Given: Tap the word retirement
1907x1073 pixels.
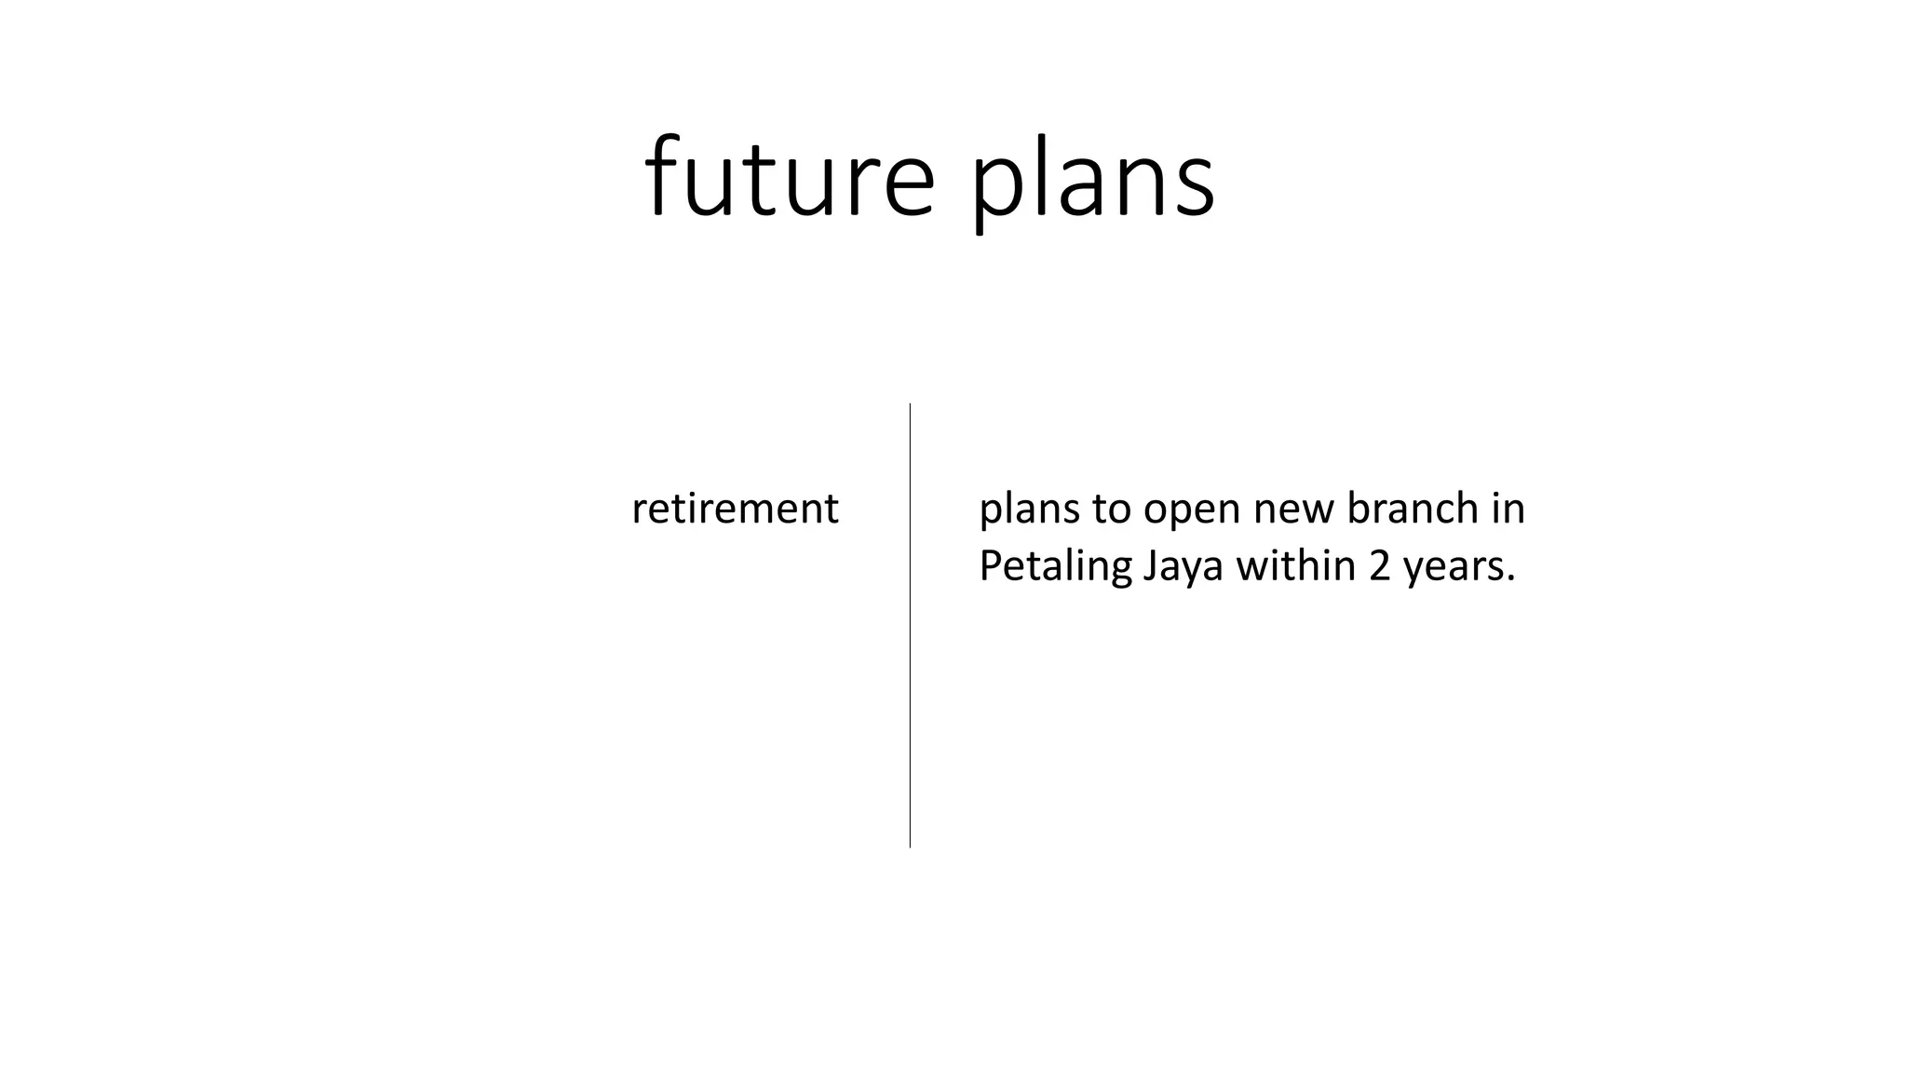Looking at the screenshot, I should pyautogui.click(x=735, y=509).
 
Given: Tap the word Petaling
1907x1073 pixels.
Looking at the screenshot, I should pyautogui.click(x=1054, y=566).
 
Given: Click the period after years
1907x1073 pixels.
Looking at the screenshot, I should pyautogui.click(x=1511, y=578).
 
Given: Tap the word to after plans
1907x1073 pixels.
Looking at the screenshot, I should pyautogui.click(x=1112, y=509).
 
